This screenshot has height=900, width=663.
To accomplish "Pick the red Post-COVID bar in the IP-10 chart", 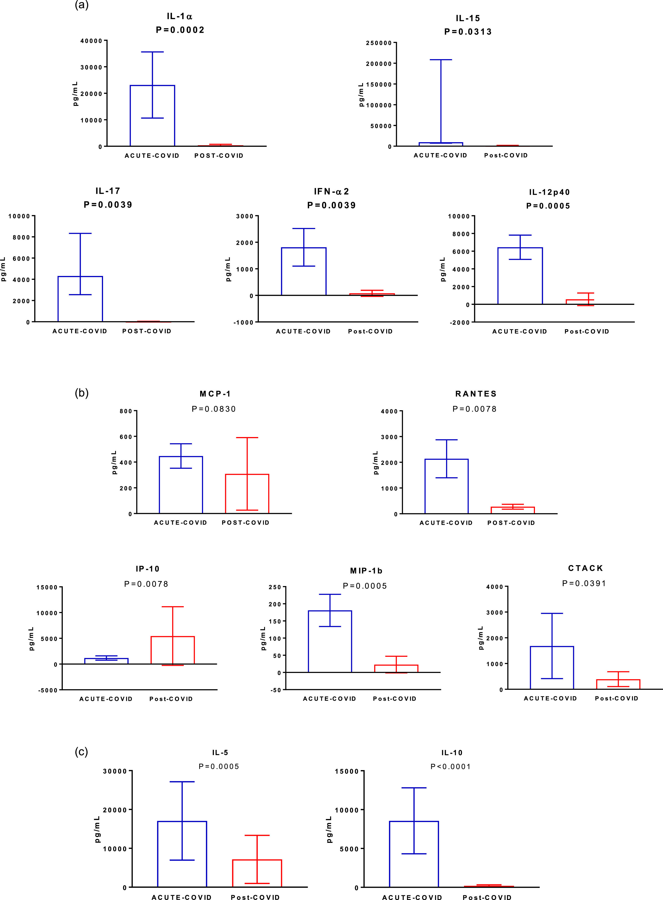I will pyautogui.click(x=173, y=650).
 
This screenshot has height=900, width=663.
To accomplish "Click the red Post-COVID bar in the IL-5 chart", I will pyautogui.click(x=257, y=873).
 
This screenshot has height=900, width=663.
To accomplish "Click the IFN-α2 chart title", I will pyautogui.click(x=332, y=192).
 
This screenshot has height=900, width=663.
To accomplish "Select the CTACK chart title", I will pyautogui.click(x=585, y=568).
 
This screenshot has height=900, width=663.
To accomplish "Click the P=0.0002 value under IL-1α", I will pyautogui.click(x=180, y=30).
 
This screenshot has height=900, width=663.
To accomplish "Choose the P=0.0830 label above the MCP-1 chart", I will pyautogui.click(x=214, y=409).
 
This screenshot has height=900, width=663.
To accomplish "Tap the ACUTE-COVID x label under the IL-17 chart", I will pyautogui.click(x=80, y=331).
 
